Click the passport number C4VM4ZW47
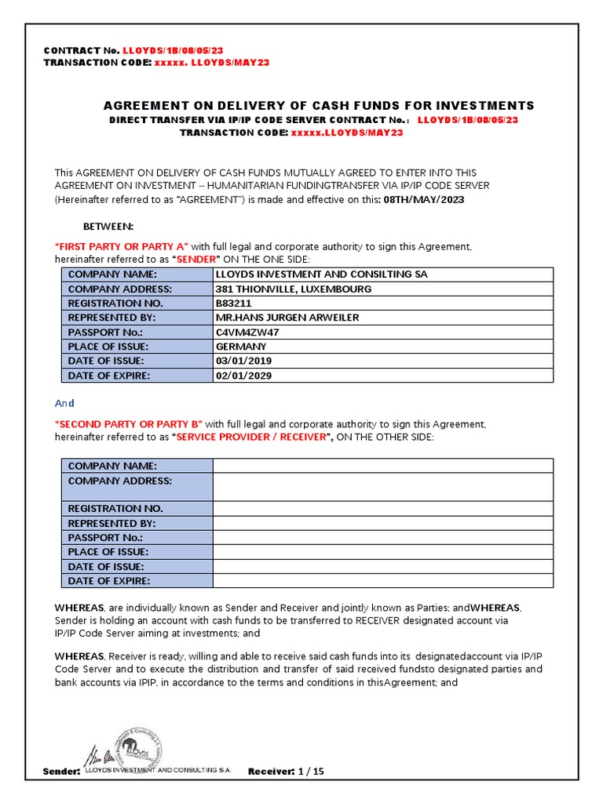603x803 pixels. [x=247, y=332]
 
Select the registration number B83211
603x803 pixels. [x=235, y=303]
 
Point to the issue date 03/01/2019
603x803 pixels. [x=244, y=361]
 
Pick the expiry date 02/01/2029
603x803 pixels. [x=244, y=376]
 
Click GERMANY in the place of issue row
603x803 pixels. [x=241, y=347]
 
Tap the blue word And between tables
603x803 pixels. [x=64, y=403]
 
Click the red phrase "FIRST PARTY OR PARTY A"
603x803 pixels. [x=122, y=247]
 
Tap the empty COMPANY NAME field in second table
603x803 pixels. [x=382, y=467]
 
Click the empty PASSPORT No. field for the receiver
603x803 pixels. [x=382, y=538]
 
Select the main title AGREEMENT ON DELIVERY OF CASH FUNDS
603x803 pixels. [x=319, y=106]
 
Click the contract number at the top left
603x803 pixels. [x=167, y=51]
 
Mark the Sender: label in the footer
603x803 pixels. [x=61, y=772]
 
